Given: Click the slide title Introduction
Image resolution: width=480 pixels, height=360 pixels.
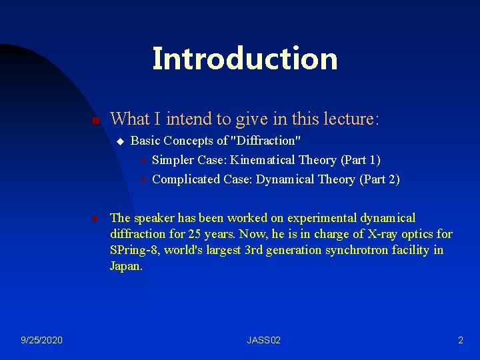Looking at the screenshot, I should tap(245, 59).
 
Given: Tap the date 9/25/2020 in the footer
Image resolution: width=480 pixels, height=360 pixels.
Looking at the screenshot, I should tap(41, 341).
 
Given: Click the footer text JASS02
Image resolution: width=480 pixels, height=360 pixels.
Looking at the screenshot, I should tap(264, 341).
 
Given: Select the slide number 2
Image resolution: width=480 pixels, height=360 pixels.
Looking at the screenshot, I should tap(460, 341).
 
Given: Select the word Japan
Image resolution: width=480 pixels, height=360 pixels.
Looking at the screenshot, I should tap(125, 267).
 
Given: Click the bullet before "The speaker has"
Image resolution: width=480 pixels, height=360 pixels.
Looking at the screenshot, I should tap(95, 219).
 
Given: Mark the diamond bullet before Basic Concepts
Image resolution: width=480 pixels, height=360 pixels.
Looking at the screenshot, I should tap(120, 141).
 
